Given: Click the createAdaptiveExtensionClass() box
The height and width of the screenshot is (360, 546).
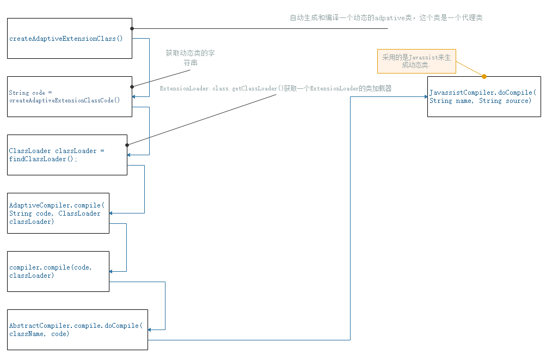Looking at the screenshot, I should click(x=70, y=39).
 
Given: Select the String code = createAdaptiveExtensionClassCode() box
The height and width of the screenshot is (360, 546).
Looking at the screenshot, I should click(x=70, y=96).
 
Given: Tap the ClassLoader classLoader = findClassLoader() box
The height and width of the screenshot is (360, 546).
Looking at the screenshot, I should click(x=67, y=155).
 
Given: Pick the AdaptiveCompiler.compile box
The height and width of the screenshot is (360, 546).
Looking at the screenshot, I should click(x=58, y=213).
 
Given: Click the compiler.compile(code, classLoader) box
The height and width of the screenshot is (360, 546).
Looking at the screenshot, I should click(x=58, y=271).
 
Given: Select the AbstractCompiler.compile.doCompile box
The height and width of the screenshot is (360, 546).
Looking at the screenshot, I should click(x=77, y=330).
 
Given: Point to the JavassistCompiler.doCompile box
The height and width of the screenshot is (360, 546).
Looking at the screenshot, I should click(x=484, y=96).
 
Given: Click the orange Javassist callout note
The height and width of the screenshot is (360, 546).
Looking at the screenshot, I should click(x=416, y=61).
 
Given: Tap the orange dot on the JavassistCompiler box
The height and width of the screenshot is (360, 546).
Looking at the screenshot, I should click(x=484, y=77).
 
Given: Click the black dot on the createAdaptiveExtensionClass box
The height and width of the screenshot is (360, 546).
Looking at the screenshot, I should click(x=132, y=28).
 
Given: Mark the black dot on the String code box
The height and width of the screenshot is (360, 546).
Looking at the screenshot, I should click(x=132, y=86).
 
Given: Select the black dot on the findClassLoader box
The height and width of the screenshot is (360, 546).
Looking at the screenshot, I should click(x=127, y=145).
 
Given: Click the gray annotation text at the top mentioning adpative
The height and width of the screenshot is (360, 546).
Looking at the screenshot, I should click(x=386, y=18).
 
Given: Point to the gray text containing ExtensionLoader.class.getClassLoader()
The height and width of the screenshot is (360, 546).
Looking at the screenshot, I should click(x=275, y=88).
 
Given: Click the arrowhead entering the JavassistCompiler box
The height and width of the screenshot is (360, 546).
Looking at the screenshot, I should click(x=425, y=96).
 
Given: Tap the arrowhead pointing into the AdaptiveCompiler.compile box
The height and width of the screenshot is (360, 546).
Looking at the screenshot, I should click(x=112, y=213).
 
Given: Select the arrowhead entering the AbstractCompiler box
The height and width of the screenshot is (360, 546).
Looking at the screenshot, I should click(x=151, y=330).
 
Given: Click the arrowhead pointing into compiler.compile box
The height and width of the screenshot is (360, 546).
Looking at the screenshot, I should click(x=112, y=271).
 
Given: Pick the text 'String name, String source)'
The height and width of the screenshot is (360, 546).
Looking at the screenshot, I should click(x=480, y=101).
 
